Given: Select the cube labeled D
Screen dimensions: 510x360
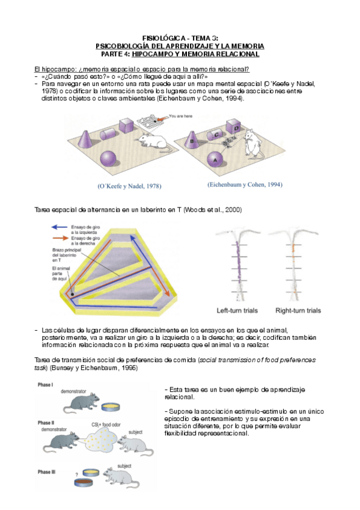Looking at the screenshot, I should [236, 129].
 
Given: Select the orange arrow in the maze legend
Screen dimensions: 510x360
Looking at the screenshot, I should [61, 238].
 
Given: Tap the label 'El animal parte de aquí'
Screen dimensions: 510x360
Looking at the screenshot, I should [61, 271].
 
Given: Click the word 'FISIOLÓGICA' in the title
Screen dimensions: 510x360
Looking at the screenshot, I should [154, 37].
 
